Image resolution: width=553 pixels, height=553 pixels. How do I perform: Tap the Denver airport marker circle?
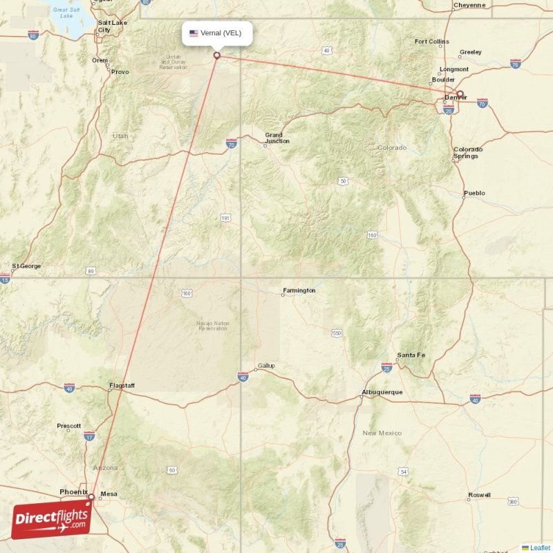[460, 94]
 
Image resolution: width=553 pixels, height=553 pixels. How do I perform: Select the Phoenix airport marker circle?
[91, 496]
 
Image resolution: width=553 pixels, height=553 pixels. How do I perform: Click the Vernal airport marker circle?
[217, 55]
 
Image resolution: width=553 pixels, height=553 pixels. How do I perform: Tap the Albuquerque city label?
[382, 393]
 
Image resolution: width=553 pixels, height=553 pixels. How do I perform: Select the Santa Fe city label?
[411, 355]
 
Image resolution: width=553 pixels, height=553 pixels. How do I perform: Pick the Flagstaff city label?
[122, 385]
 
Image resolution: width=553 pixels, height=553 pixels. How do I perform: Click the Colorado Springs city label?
[467, 153]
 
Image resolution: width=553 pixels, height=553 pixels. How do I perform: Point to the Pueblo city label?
[474, 193]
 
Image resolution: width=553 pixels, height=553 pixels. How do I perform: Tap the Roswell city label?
[479, 495]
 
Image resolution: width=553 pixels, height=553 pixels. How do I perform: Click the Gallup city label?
[265, 366]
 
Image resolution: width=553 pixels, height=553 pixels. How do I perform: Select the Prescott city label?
[69, 426]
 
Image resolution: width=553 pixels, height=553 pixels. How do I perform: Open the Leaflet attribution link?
[540, 547]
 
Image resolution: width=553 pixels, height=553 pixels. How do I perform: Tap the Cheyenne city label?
[469, 5]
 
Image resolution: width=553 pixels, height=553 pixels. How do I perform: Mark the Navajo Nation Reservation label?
[212, 326]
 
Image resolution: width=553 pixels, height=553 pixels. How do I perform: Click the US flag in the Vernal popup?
[194, 32]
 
